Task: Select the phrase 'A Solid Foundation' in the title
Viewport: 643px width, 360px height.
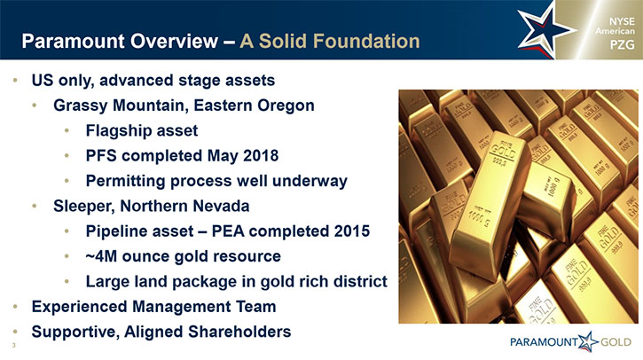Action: coord(330,41)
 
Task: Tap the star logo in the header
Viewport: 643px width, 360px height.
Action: coord(545,30)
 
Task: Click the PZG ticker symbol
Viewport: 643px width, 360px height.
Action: coord(622,44)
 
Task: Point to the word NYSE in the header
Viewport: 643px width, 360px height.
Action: coord(622,21)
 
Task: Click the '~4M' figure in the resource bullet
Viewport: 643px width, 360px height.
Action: coord(101,256)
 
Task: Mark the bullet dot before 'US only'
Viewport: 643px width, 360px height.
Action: coord(16,80)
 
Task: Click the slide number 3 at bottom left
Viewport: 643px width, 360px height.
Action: coord(13,346)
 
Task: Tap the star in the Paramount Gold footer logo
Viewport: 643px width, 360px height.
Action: coord(589,341)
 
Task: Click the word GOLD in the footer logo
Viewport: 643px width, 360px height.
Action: coord(616,342)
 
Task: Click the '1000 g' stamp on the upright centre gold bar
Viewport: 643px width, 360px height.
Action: coord(478,217)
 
